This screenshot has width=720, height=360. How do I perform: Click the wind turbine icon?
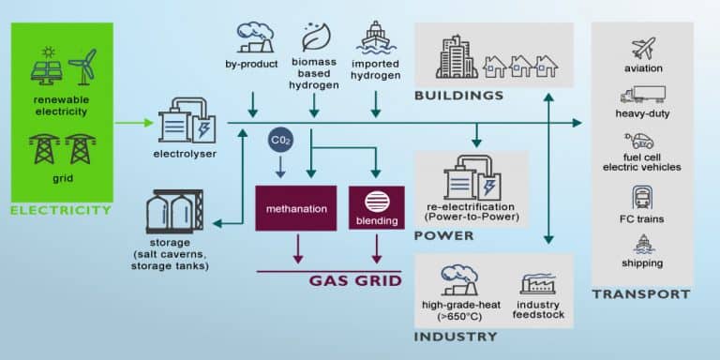tap(82, 67)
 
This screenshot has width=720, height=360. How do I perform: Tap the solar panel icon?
tap(46, 67)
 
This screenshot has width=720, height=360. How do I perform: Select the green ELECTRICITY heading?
tap(60, 210)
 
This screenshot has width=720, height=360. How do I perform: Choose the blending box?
tap(376, 208)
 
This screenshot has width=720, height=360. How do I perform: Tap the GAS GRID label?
tap(357, 280)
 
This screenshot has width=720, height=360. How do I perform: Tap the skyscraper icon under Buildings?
tap(457, 58)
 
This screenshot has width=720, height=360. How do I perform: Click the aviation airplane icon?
tap(642, 48)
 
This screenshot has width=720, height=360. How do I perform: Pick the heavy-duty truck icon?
tap(642, 95)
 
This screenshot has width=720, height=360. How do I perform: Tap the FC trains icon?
tap(643, 197)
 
